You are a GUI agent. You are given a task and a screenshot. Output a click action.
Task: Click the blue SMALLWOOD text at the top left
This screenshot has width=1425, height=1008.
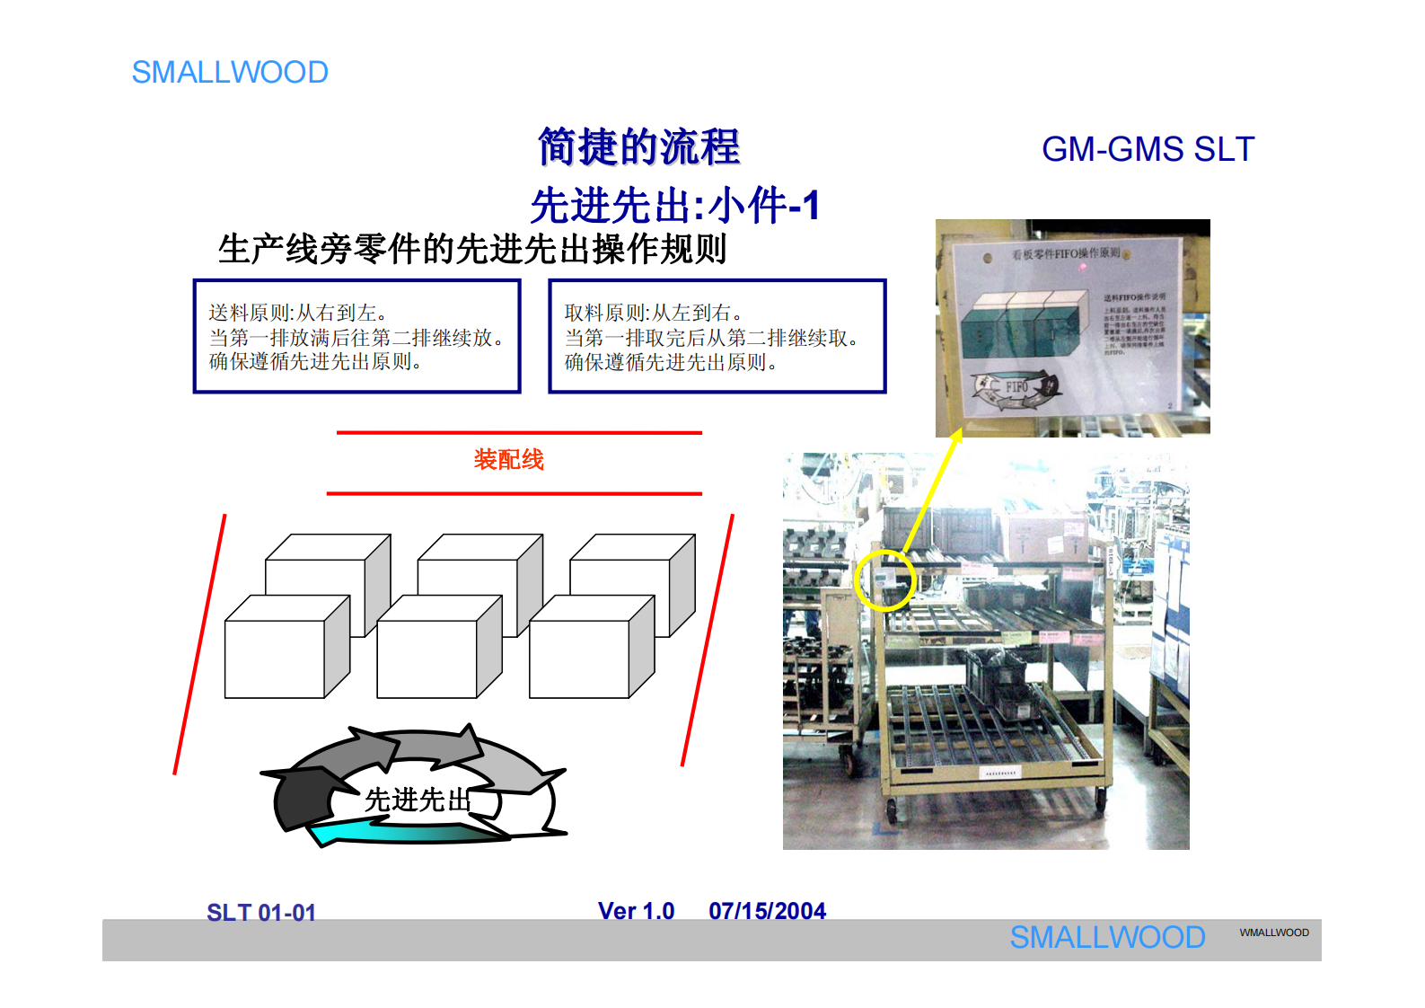pos(230,73)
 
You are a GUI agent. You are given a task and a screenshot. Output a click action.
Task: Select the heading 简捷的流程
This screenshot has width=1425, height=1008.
pos(638,147)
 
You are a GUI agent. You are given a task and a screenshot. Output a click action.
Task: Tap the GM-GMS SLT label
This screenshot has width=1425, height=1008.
pos(1147,150)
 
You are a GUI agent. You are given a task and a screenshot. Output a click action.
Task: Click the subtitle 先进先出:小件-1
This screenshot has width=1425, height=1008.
pos(674,206)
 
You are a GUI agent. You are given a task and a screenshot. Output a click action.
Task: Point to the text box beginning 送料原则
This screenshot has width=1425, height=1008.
pos(356,337)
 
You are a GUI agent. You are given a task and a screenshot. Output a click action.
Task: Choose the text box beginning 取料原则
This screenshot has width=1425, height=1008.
pos(717,337)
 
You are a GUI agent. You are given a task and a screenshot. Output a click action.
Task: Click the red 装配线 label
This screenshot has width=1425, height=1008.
pos(508,460)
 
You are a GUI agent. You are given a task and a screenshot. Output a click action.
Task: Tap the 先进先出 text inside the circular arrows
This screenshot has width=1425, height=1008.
pos(418,800)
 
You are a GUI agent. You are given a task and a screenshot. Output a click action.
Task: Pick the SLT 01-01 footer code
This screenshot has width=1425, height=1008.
pos(261,913)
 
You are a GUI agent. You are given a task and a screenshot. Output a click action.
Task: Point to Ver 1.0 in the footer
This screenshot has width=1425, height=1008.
pos(636,911)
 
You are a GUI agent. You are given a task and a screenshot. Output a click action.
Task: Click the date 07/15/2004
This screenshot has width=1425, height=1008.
pos(767,911)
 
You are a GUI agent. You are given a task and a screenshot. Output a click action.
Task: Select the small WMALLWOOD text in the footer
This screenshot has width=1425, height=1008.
pos(1273,933)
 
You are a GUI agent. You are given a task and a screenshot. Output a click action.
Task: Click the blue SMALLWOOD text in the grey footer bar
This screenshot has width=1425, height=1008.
pos(1107,938)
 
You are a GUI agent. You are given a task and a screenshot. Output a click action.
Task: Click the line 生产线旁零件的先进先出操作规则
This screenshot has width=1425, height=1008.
pos(472,249)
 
